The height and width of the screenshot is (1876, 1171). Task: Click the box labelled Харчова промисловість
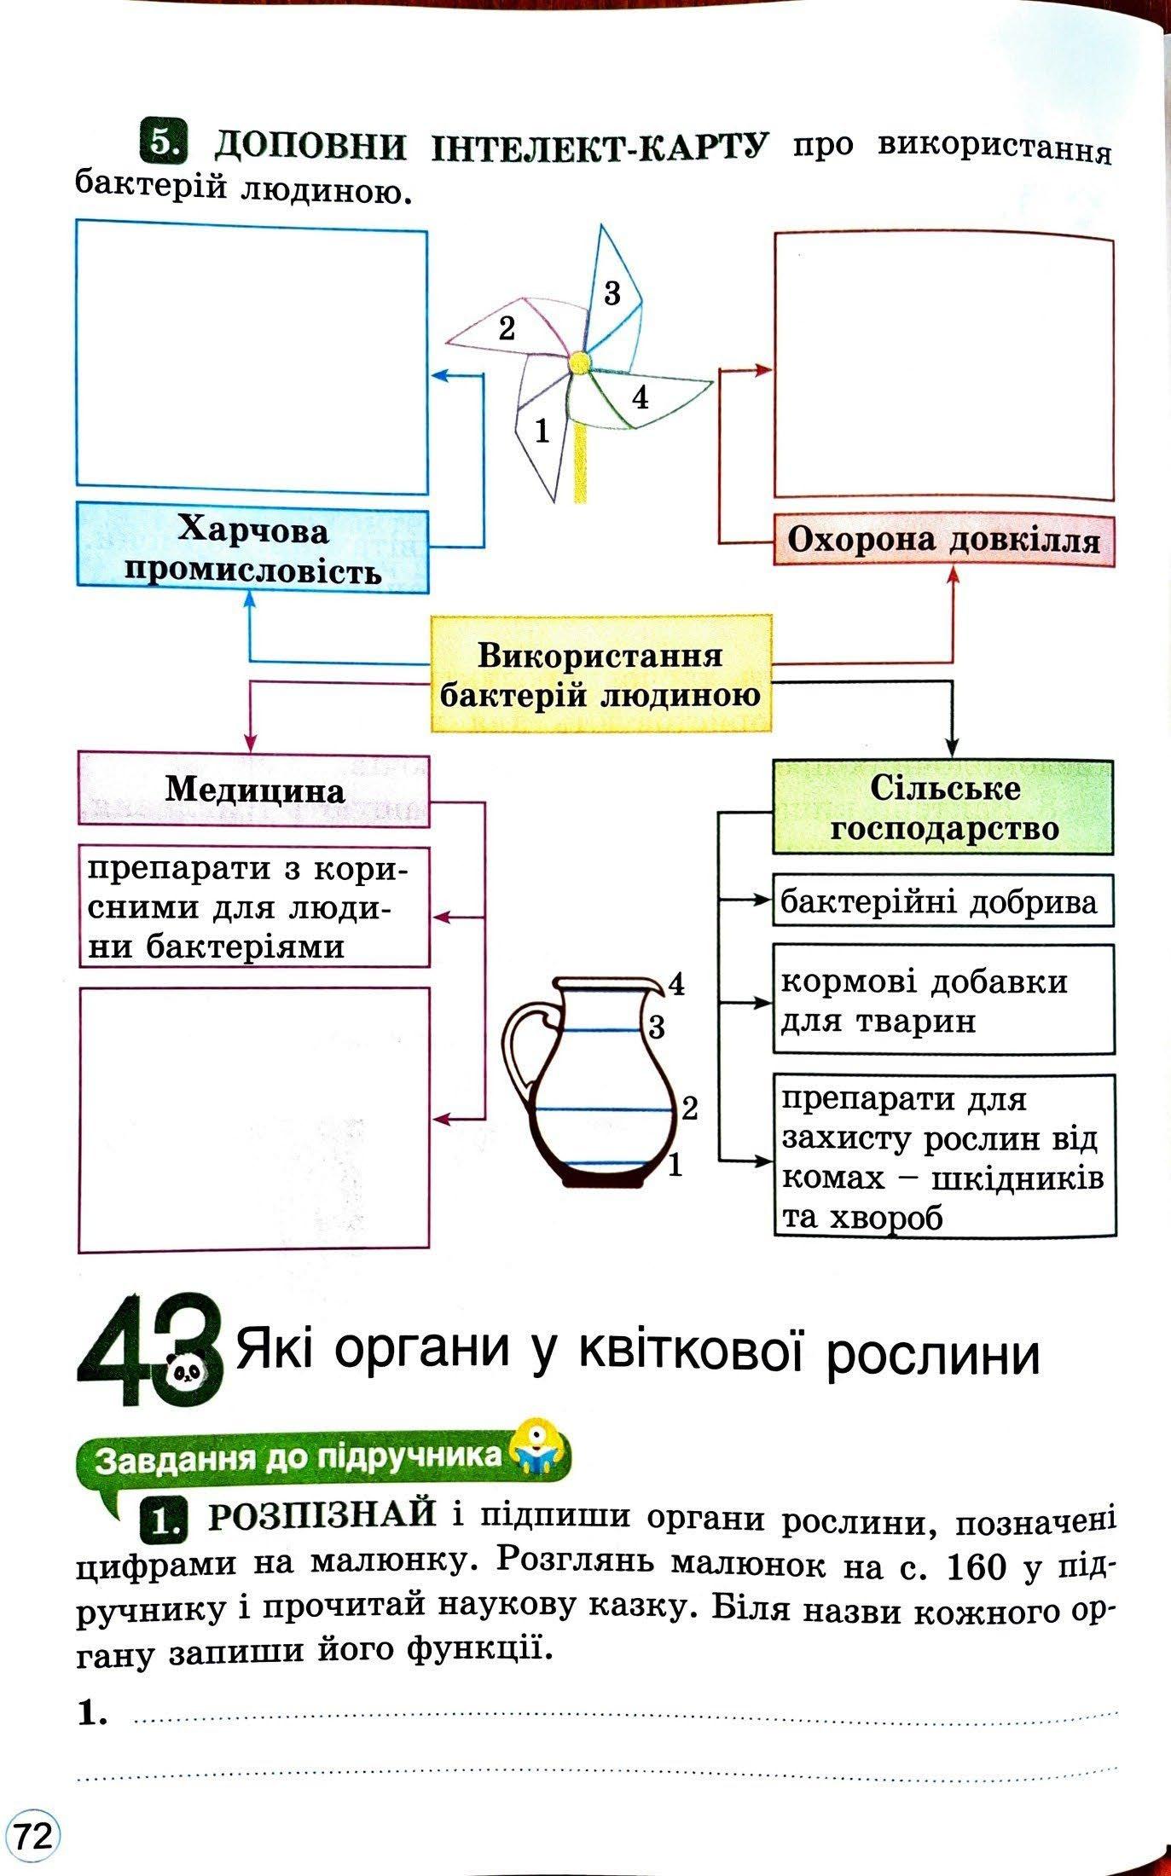click(252, 547)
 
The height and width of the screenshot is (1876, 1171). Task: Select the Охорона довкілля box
click(943, 540)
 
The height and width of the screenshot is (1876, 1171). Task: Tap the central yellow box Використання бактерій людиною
click(600, 675)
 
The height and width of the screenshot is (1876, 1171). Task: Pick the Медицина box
click(254, 790)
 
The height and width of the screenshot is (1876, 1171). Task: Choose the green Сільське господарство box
click(943, 808)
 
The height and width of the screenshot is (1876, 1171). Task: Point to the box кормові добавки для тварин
click(943, 999)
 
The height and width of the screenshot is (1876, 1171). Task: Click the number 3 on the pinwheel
click(612, 293)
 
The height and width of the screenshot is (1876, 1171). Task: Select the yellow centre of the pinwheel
click(579, 362)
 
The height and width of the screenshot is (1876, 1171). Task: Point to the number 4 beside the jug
click(676, 985)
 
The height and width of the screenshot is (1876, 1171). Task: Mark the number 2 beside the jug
click(689, 1109)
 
